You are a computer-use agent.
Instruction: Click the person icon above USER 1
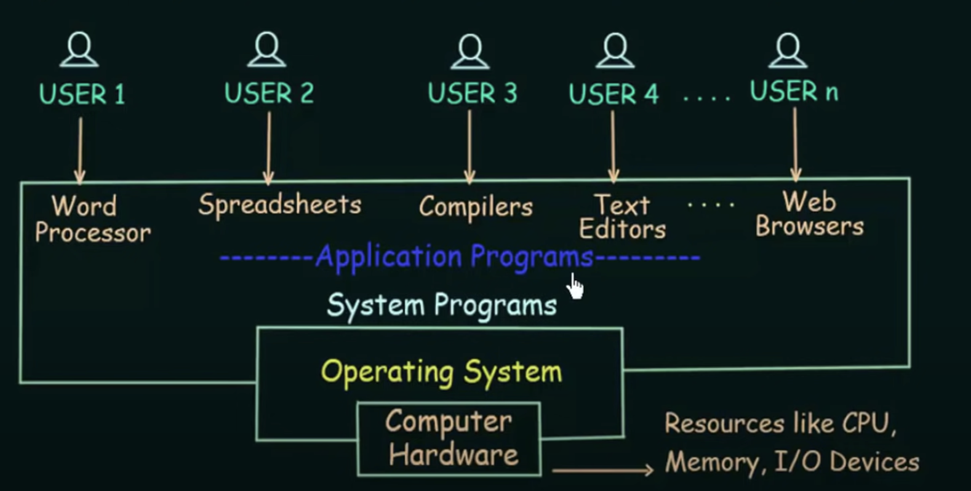(x=79, y=50)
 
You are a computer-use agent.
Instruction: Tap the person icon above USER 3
(x=470, y=51)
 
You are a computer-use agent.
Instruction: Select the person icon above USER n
(x=788, y=50)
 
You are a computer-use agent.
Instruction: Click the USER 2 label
(x=269, y=94)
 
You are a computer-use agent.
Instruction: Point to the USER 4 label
(x=613, y=94)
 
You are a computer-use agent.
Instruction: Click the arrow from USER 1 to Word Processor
(x=80, y=151)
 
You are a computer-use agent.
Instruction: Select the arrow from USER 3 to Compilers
(x=470, y=148)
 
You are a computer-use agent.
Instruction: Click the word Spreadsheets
(x=279, y=205)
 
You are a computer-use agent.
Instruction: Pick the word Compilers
(x=476, y=207)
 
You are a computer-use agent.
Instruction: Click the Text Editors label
(x=622, y=217)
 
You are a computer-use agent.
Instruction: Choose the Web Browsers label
(x=809, y=214)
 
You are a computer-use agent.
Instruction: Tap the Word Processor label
(x=92, y=219)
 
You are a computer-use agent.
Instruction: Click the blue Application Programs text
(x=454, y=257)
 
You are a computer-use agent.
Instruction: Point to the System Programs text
(x=441, y=305)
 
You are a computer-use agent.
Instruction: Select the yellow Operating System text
(x=441, y=372)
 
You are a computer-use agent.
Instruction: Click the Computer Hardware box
(x=449, y=439)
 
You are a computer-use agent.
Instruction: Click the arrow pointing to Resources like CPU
(x=602, y=471)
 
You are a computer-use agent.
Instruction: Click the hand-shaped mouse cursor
(x=575, y=287)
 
